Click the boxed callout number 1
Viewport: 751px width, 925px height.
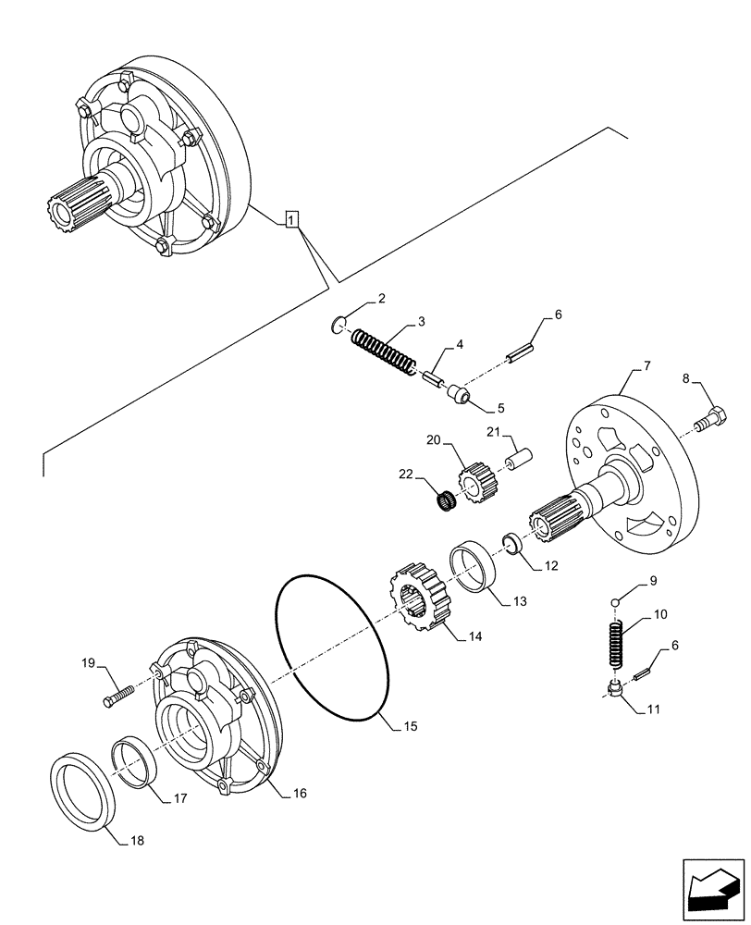click(x=291, y=220)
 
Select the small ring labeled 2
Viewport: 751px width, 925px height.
click(x=339, y=324)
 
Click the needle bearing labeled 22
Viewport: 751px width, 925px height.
click(x=449, y=501)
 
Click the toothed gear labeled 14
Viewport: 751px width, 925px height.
click(x=418, y=601)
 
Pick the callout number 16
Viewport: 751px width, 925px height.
click(x=300, y=794)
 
